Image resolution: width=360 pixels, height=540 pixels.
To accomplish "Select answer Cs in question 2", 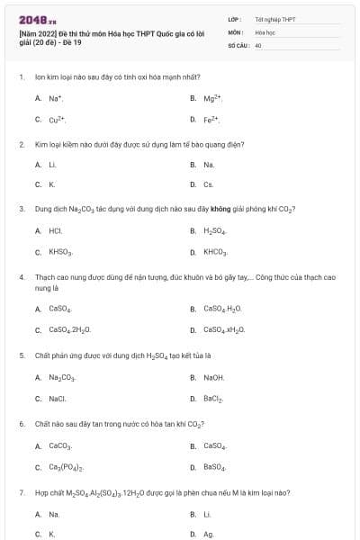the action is (x=209, y=184).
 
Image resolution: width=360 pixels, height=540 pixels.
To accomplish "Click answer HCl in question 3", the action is (x=55, y=230).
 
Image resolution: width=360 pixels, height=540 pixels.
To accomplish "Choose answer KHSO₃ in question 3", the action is (x=60, y=252).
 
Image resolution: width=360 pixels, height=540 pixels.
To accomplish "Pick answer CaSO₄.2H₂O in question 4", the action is (x=69, y=329).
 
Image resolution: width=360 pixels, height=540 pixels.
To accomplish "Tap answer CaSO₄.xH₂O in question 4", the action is (x=224, y=329).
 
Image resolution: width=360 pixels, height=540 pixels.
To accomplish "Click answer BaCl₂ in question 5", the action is (x=213, y=399).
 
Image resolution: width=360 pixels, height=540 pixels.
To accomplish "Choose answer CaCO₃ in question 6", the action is (x=59, y=445).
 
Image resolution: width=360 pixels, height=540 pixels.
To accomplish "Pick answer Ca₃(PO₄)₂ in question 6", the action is (x=66, y=467).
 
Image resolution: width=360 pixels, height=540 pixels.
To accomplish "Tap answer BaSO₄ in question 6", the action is (x=214, y=467).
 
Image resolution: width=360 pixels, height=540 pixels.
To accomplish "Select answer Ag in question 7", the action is (x=208, y=534).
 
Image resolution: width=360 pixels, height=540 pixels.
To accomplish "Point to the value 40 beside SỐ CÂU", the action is (x=258, y=44).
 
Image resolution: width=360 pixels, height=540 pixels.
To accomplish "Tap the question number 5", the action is (x=21, y=355).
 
